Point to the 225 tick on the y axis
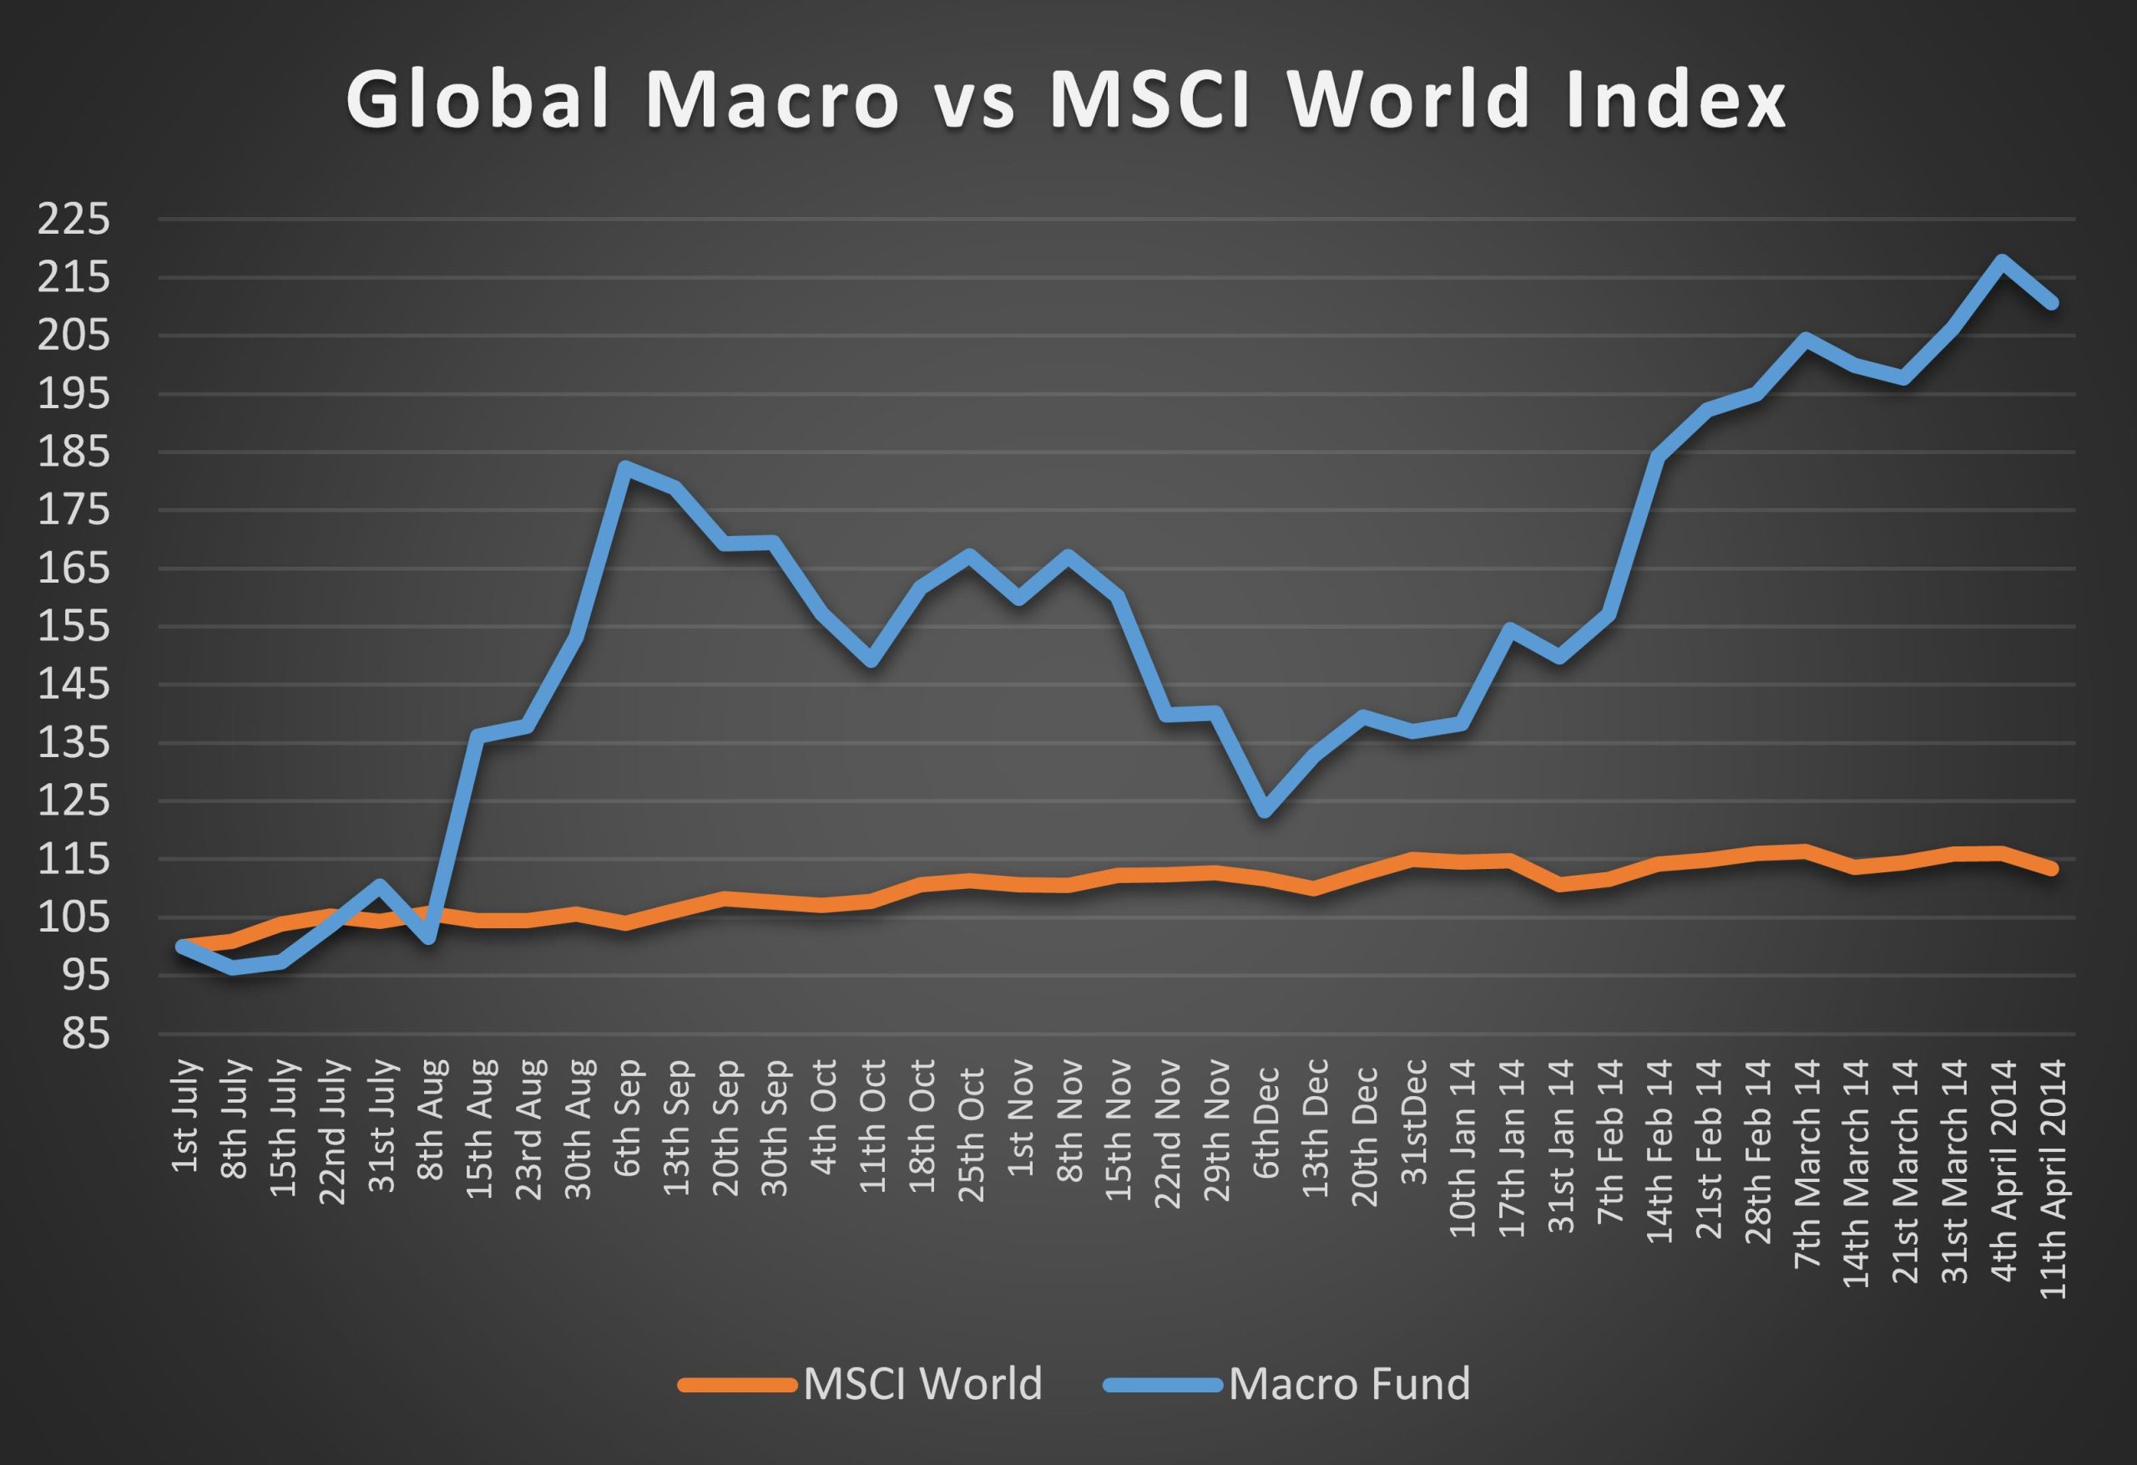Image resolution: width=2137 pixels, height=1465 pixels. pyautogui.click(x=73, y=220)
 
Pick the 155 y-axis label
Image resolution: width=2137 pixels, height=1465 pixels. pyautogui.click(x=73, y=627)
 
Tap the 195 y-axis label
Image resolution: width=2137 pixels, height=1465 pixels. pyautogui.click(x=73, y=395)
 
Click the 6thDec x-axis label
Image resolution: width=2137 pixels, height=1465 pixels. pyautogui.click(x=1266, y=1122)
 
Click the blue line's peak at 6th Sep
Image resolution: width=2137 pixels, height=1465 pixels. pyautogui.click(x=625, y=467)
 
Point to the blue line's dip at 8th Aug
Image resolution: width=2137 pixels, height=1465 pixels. pyautogui.click(x=429, y=938)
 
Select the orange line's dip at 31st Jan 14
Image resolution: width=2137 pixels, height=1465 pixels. pyautogui.click(x=1560, y=885)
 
